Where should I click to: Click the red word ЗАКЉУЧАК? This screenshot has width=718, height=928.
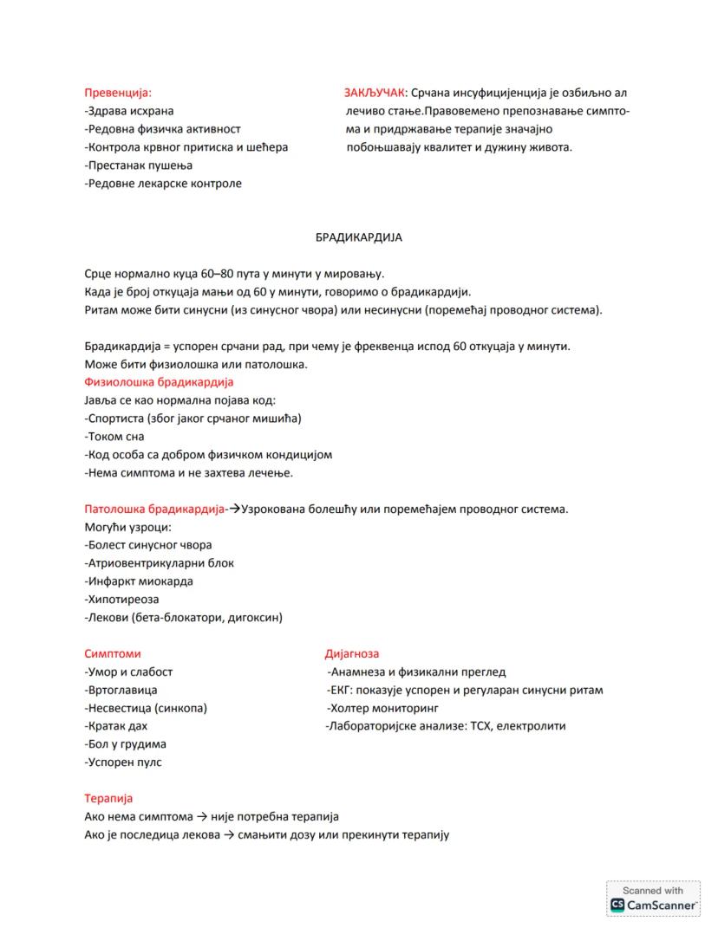click(x=373, y=92)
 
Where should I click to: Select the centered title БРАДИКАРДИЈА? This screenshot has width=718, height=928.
click(x=358, y=237)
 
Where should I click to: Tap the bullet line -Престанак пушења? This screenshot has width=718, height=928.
click(x=139, y=165)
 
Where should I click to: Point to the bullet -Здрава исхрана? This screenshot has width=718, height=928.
click(x=129, y=111)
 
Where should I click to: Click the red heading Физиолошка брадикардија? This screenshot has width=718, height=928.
click(x=159, y=382)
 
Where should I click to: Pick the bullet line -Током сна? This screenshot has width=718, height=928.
click(x=114, y=437)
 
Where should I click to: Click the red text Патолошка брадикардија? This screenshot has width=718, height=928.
click(x=153, y=509)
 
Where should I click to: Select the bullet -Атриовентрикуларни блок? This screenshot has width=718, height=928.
click(x=160, y=563)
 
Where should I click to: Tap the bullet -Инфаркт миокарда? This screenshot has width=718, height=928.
click(x=139, y=581)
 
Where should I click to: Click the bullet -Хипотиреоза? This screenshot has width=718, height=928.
click(x=122, y=600)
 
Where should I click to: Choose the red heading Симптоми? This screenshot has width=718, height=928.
click(x=112, y=653)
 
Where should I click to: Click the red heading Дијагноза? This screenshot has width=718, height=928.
click(x=351, y=653)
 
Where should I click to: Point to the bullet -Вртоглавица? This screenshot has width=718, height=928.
click(x=121, y=691)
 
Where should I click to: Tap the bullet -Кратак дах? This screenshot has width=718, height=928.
click(x=116, y=726)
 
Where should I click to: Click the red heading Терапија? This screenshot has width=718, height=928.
click(x=108, y=798)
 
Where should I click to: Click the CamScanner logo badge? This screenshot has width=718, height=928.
click(x=653, y=899)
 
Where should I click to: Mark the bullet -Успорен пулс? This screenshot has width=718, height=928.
click(x=123, y=763)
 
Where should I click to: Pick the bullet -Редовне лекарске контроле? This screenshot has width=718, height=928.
click(x=163, y=183)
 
